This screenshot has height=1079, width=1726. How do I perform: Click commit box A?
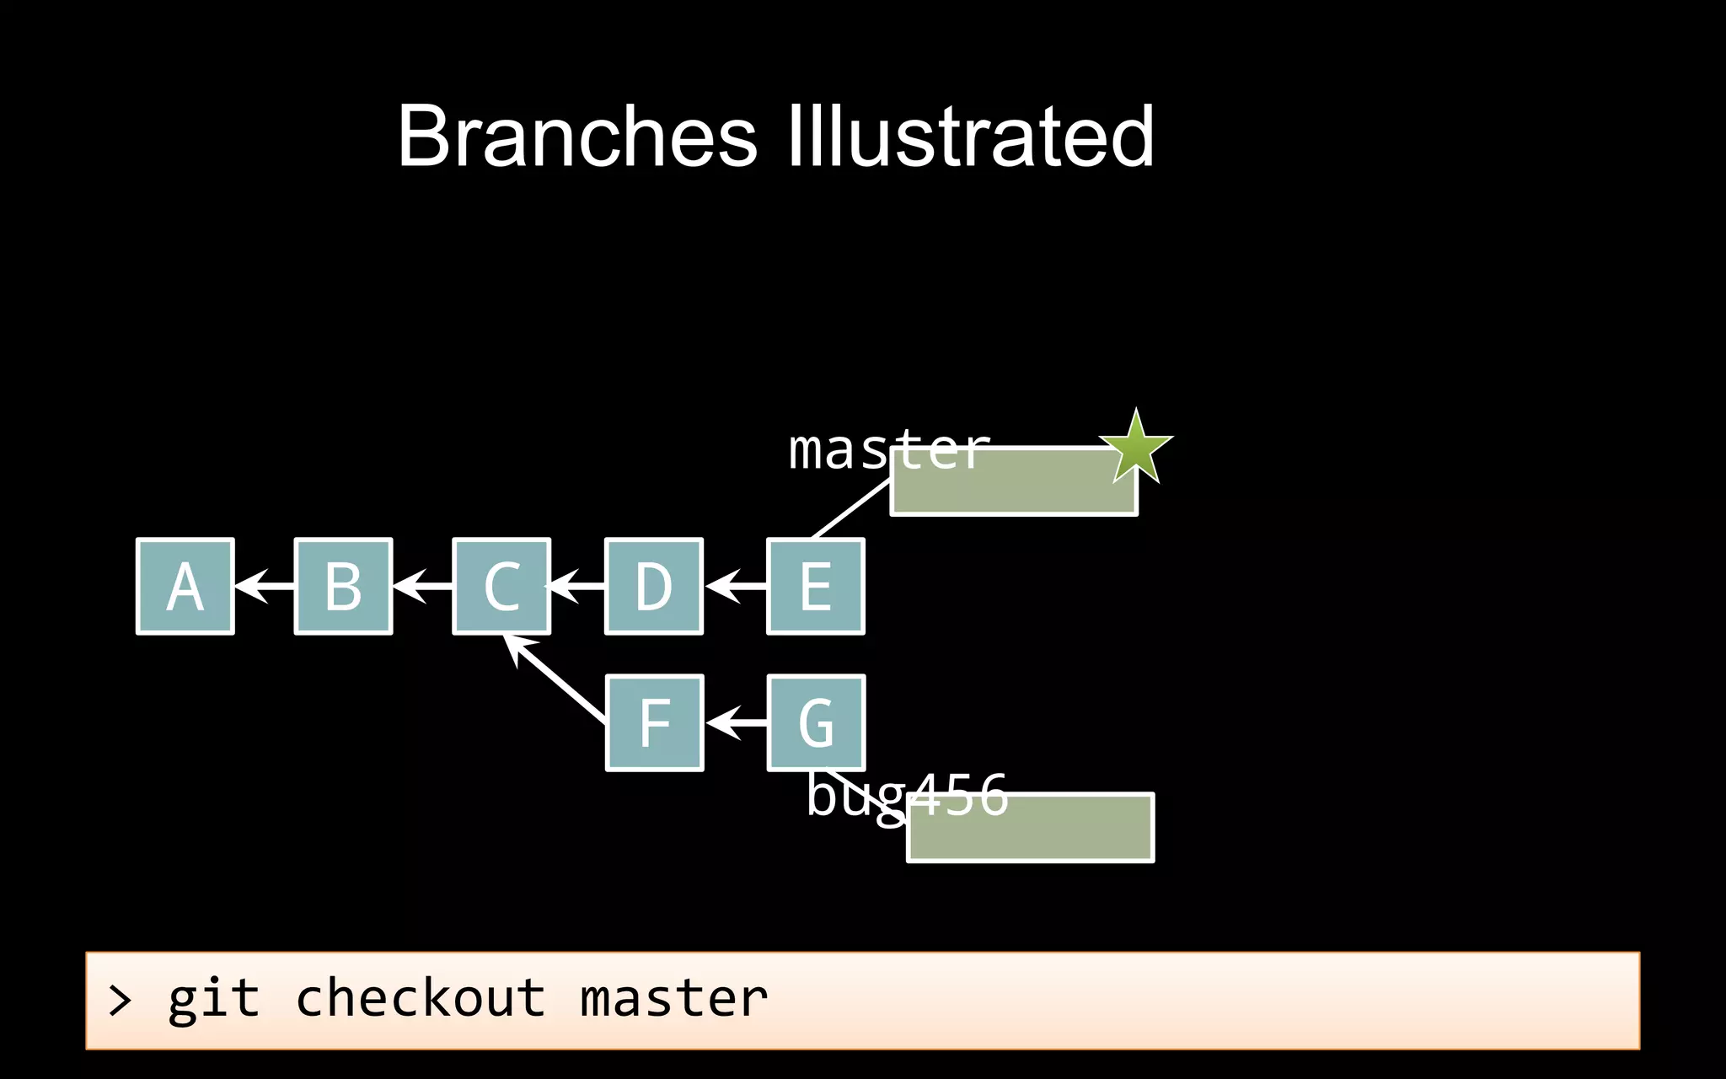click(185, 586)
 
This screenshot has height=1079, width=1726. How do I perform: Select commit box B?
click(343, 586)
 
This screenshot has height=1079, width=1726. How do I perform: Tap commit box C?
click(501, 586)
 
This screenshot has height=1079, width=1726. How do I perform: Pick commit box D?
click(654, 586)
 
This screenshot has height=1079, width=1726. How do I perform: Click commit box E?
click(816, 586)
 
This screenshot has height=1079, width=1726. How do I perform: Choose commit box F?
click(654, 722)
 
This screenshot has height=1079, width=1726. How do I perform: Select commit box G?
click(816, 722)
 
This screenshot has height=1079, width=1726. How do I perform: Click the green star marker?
click(1135, 448)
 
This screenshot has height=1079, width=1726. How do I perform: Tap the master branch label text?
click(887, 449)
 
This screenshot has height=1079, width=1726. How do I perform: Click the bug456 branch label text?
click(907, 796)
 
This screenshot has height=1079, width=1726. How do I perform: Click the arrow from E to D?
click(735, 585)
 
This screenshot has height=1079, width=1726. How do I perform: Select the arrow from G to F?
click(735, 722)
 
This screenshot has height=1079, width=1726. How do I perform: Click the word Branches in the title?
click(577, 137)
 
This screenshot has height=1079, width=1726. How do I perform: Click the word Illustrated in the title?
click(969, 137)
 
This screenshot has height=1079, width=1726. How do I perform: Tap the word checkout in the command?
click(420, 999)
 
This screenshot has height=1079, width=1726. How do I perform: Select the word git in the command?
click(213, 1001)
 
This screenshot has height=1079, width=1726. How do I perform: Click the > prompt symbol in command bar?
click(121, 1001)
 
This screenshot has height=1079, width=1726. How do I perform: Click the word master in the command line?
click(673, 999)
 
